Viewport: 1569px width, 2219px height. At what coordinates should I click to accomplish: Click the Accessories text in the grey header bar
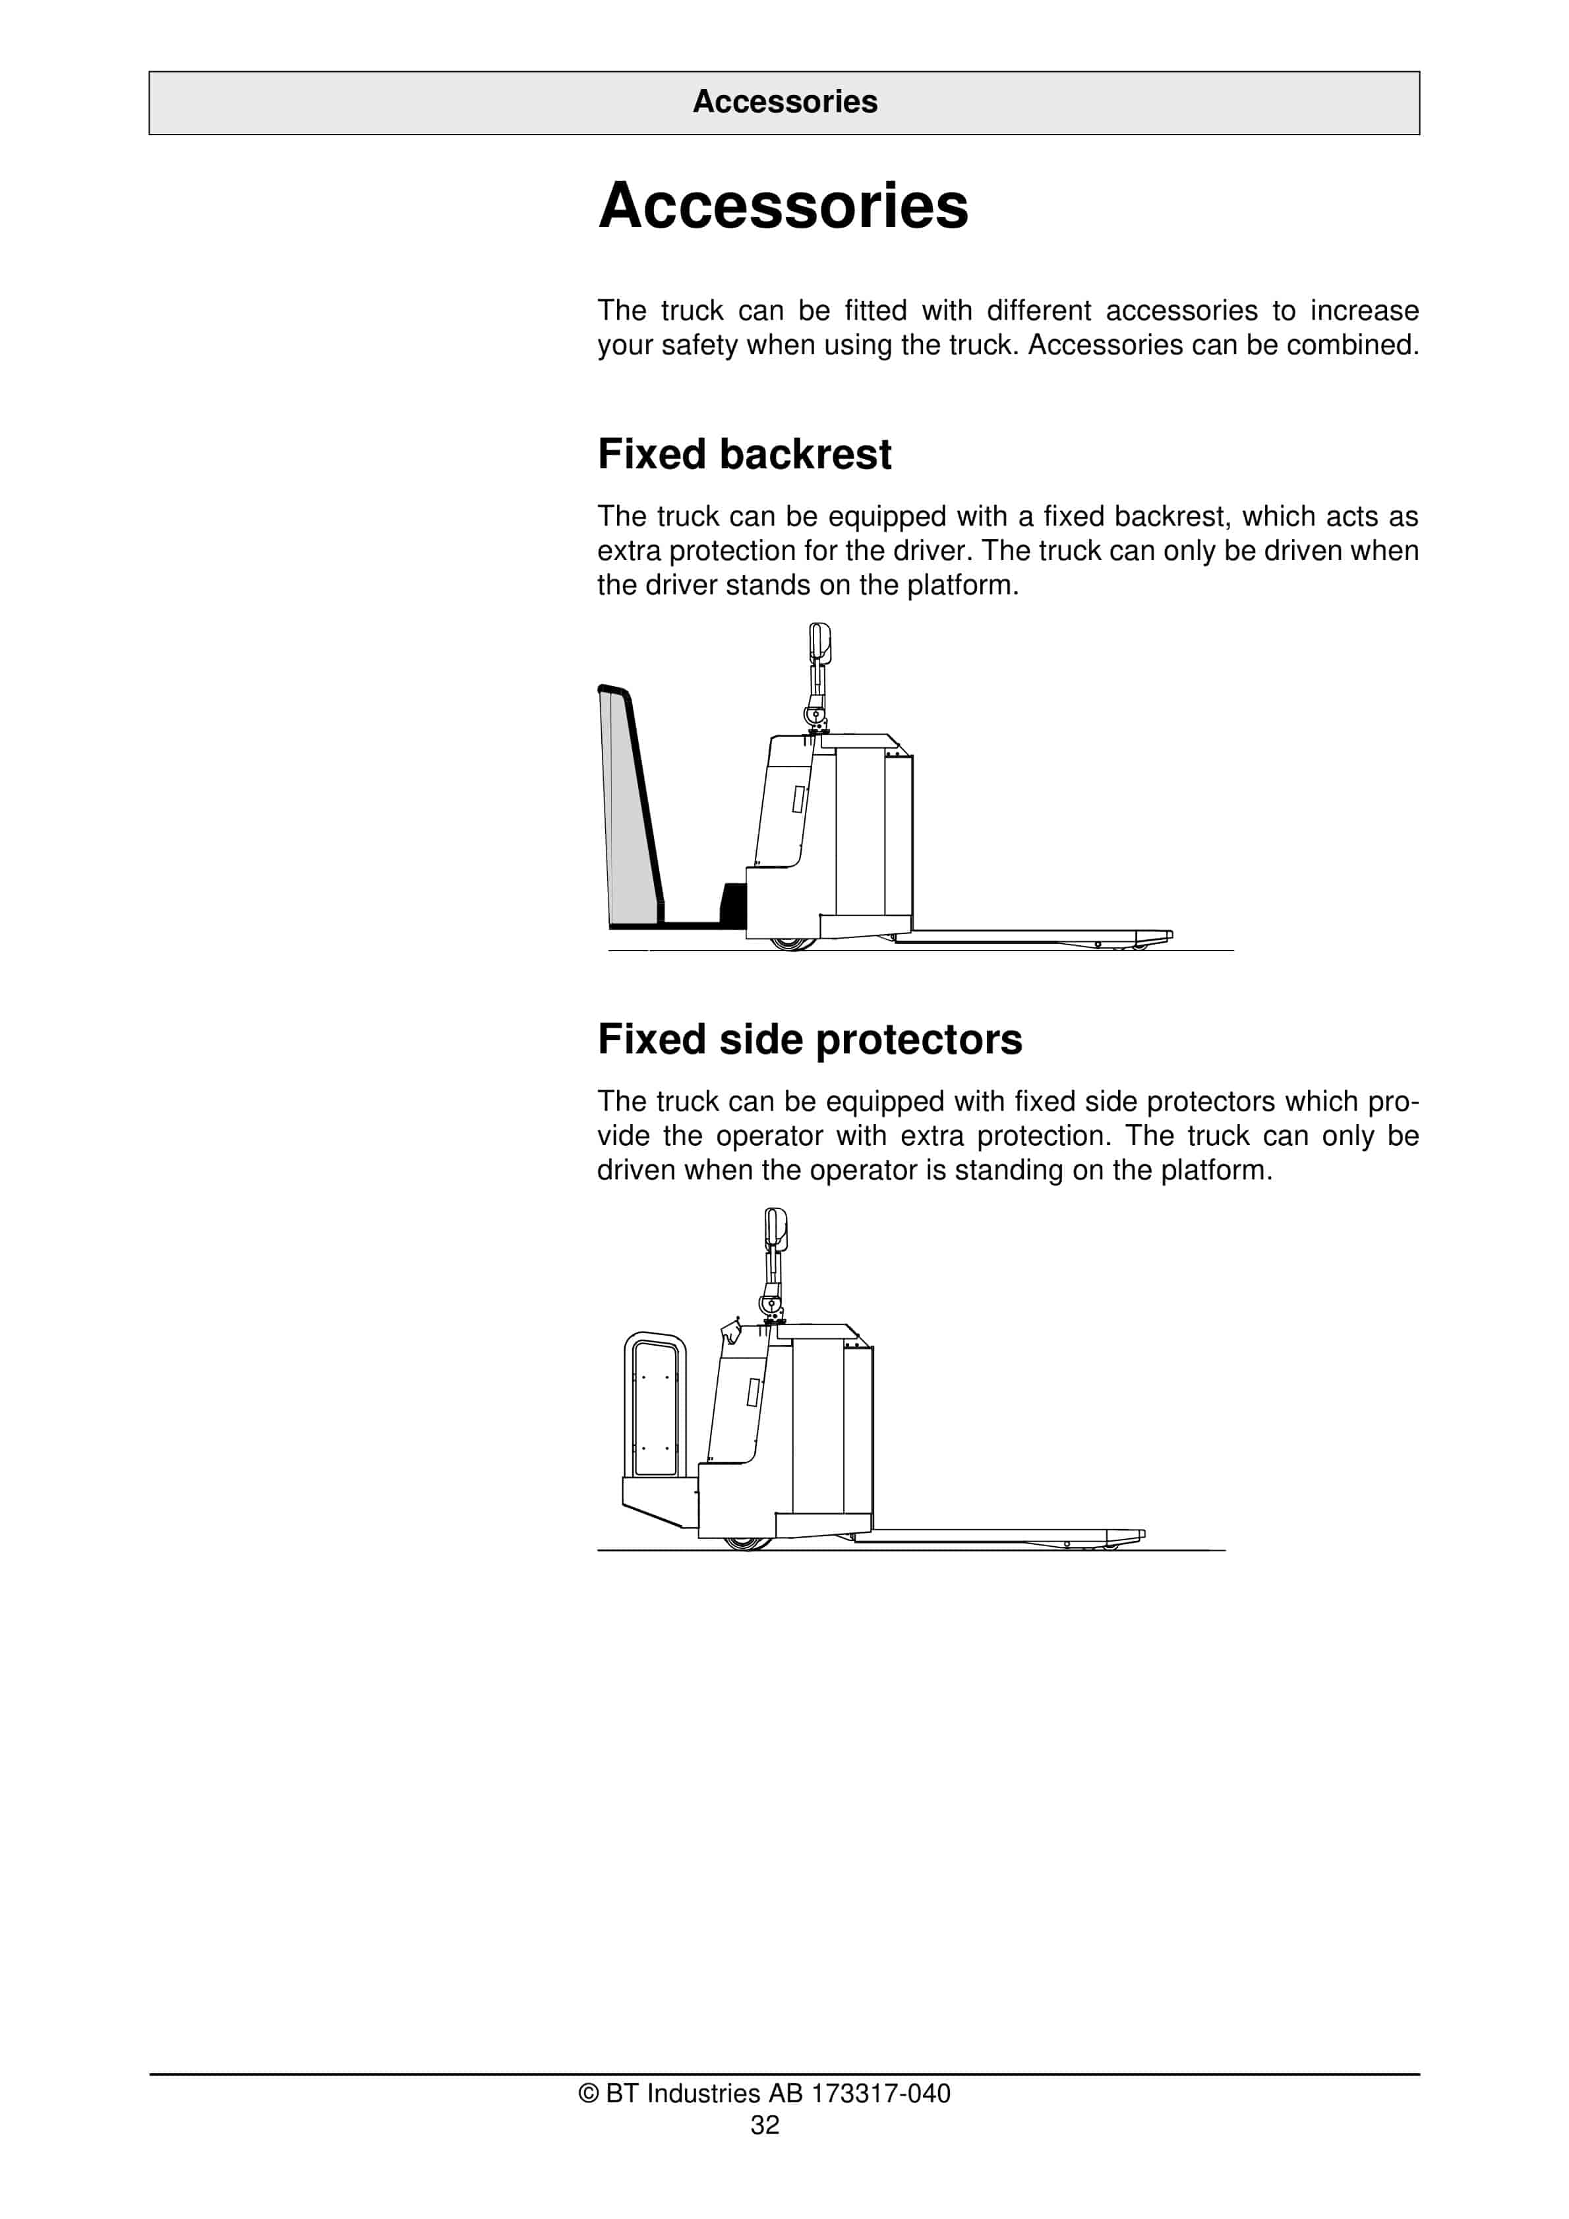pyautogui.click(x=784, y=102)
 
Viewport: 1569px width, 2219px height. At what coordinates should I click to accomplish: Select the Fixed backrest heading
pyautogui.click(x=744, y=454)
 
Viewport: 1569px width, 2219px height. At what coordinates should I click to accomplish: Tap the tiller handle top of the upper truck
pyautogui.click(x=819, y=642)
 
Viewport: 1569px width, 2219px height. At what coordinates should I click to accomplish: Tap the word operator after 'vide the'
pyautogui.click(x=769, y=1136)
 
